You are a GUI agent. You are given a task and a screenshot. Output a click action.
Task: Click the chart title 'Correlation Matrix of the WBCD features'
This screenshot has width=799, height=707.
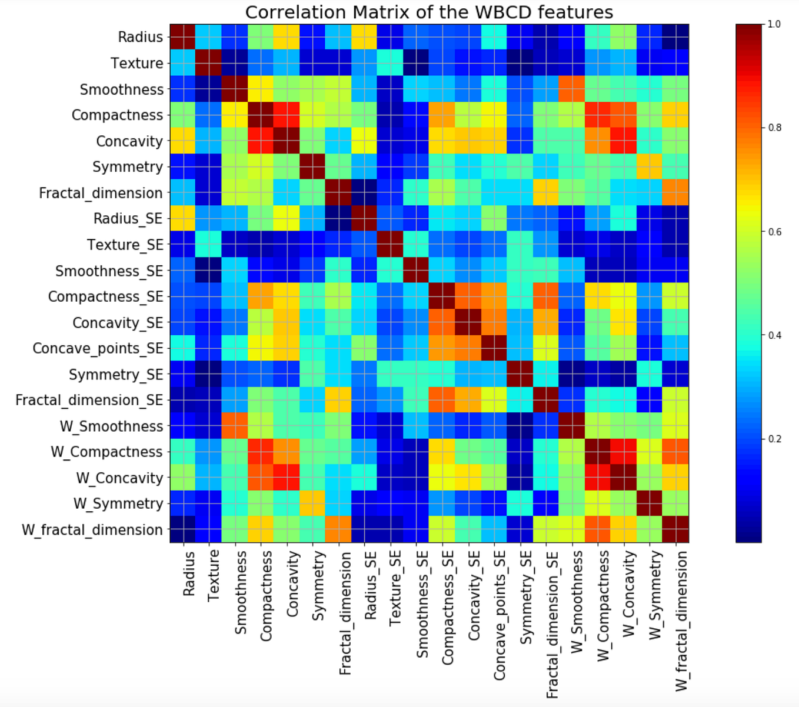(429, 12)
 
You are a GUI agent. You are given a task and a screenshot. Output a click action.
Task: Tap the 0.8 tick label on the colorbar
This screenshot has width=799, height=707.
(775, 128)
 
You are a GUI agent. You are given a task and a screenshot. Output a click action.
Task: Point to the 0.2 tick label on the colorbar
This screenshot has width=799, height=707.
(775, 439)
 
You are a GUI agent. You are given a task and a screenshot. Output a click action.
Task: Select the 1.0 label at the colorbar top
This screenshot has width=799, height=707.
(775, 24)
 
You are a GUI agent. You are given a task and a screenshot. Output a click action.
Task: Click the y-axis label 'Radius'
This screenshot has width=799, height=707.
(140, 37)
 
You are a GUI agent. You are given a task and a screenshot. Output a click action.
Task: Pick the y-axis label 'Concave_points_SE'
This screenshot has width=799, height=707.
(98, 348)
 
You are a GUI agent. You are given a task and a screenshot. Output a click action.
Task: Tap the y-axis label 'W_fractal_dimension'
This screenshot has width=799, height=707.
(92, 530)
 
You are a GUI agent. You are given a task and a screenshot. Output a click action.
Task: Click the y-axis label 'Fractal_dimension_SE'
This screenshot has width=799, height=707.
(89, 400)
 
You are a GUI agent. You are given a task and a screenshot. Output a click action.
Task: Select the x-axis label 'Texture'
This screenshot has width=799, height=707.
(213, 575)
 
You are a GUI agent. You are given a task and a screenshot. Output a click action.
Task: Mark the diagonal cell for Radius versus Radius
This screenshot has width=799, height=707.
(183, 37)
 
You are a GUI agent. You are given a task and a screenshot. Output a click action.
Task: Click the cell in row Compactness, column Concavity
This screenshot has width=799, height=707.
(287, 115)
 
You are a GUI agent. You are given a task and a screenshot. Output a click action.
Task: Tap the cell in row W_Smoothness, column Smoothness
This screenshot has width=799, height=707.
(235, 426)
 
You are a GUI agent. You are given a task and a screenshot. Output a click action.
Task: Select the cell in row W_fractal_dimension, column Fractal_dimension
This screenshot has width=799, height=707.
(338, 529)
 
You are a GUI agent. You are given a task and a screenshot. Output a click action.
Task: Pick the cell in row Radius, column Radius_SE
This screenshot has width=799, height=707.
(364, 37)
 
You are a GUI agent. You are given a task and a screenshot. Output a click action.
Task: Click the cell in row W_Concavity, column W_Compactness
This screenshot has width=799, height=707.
(598, 478)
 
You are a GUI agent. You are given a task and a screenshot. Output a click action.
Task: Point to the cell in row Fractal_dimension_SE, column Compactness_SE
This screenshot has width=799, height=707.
(442, 400)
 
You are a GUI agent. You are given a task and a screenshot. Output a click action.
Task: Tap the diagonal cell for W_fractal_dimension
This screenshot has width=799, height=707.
(675, 529)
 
